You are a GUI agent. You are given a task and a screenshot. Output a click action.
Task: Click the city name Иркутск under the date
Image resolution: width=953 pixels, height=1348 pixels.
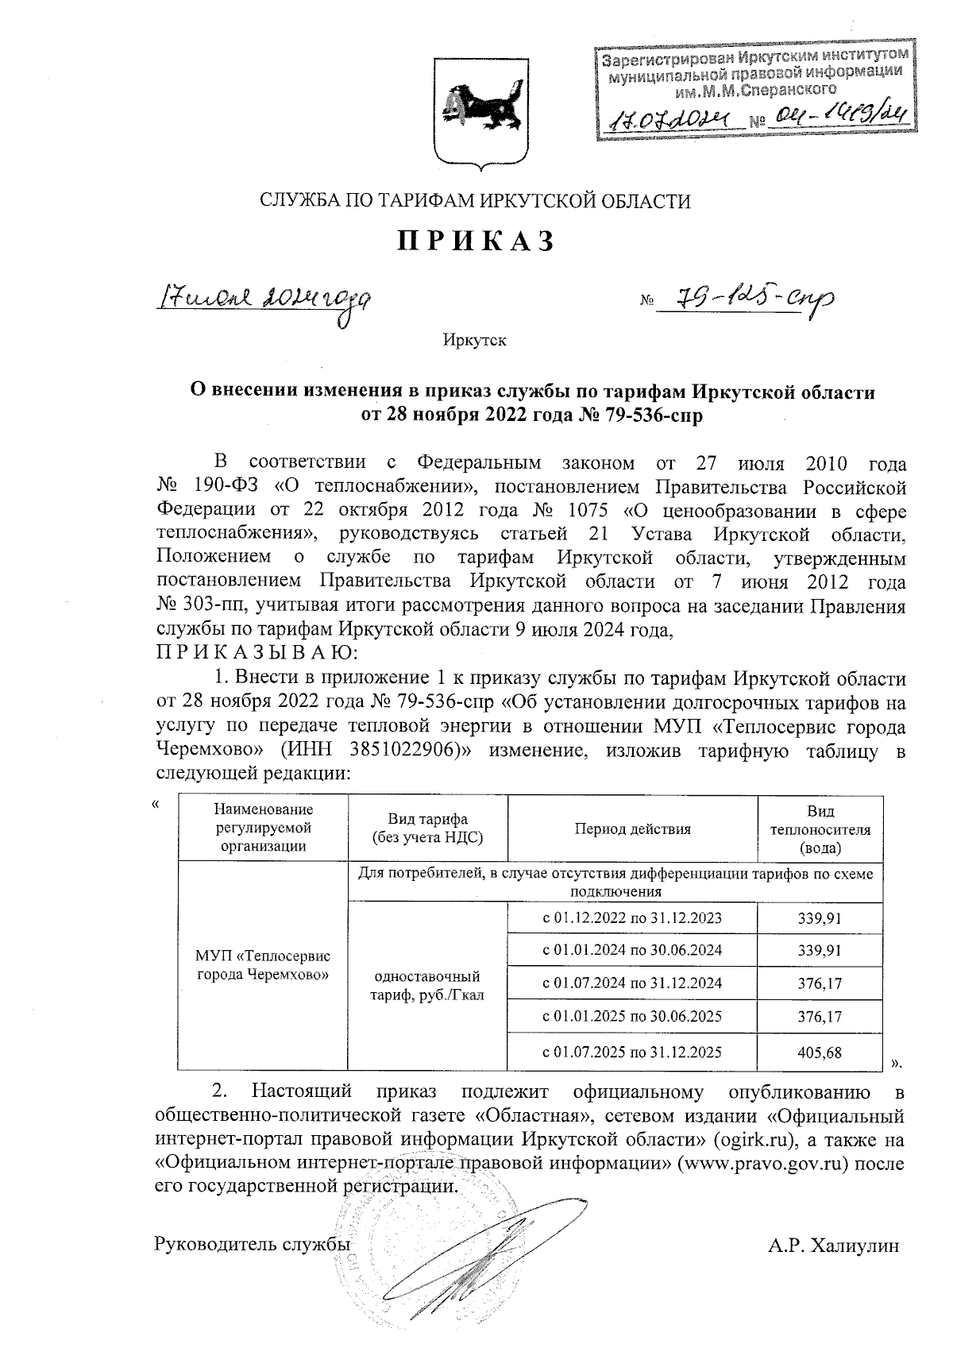(x=475, y=342)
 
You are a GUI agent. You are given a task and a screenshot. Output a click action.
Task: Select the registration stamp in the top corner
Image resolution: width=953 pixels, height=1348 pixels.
(x=754, y=94)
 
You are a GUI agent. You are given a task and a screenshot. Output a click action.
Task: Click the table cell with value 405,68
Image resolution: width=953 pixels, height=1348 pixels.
(x=820, y=1053)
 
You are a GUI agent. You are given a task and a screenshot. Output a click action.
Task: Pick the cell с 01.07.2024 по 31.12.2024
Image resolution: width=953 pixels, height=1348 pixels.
(x=632, y=983)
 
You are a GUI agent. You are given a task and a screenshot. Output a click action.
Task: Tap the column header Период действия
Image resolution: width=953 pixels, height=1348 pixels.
(x=632, y=829)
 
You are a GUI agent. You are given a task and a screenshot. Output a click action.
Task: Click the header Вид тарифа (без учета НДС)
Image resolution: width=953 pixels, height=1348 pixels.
(x=427, y=829)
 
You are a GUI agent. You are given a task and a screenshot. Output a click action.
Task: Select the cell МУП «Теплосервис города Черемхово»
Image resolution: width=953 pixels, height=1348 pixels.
(x=263, y=965)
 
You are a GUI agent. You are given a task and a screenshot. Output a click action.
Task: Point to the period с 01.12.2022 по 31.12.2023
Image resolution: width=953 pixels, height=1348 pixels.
(x=632, y=918)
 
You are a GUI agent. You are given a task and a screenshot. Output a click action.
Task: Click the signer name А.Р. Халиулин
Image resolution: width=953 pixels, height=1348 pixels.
(x=835, y=1246)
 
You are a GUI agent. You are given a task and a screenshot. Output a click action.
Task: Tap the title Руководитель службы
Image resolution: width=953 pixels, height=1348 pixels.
(x=253, y=1245)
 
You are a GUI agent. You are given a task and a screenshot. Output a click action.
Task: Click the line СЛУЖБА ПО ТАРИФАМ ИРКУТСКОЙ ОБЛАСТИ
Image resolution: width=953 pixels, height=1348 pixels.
(x=476, y=201)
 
